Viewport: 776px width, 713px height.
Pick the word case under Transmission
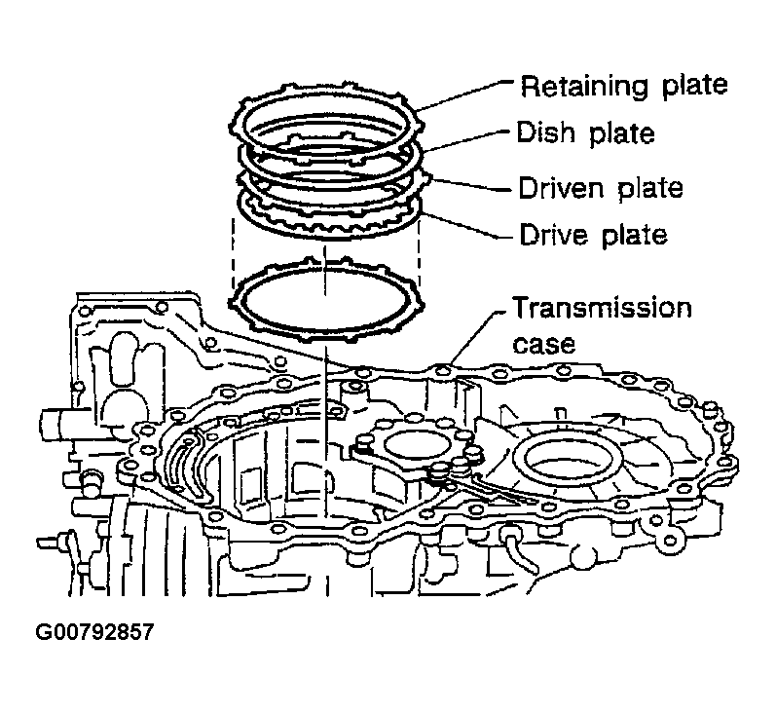[541, 344]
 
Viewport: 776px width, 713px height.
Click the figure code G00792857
[94, 631]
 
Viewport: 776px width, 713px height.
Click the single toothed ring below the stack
[326, 296]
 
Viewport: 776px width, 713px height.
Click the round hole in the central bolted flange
[413, 446]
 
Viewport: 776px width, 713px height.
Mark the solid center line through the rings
[322, 390]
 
